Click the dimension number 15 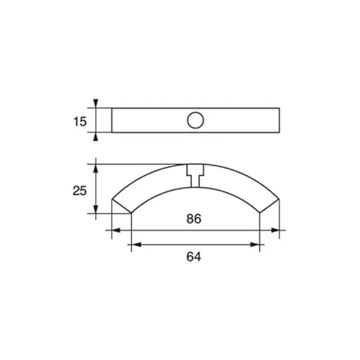80,121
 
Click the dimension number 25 80,191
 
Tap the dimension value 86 194,219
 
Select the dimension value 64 194,256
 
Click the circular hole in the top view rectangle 195,120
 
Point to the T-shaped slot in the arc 195,176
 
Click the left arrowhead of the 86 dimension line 116,230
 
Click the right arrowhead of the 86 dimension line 275,230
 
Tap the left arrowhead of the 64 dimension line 136,245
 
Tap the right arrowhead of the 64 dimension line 255,245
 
